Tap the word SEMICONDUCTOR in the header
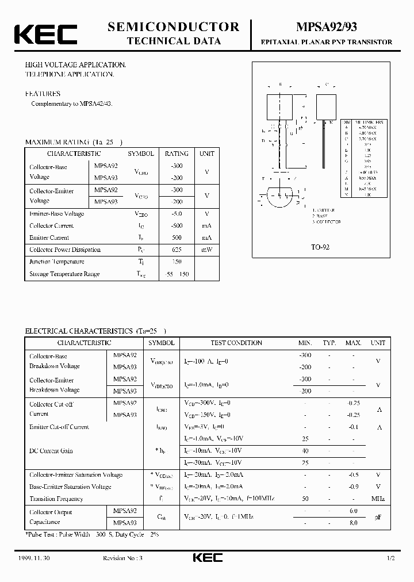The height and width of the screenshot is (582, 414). [x=173, y=26]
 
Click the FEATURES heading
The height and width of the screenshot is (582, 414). [x=43, y=93]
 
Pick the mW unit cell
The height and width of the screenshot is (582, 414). [x=206, y=250]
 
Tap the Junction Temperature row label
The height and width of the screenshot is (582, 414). [x=57, y=262]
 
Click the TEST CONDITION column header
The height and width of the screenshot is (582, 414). [x=236, y=343]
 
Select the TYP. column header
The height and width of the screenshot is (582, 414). [x=329, y=343]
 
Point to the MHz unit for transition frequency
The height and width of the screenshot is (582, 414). [x=378, y=499]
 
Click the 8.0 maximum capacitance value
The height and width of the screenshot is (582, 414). [x=353, y=523]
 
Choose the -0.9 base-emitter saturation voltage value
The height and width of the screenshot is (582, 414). [x=353, y=487]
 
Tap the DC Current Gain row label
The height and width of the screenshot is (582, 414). [x=51, y=451]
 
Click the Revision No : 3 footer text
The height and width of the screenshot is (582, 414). [x=124, y=558]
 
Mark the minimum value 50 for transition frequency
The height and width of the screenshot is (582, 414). [x=305, y=499]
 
